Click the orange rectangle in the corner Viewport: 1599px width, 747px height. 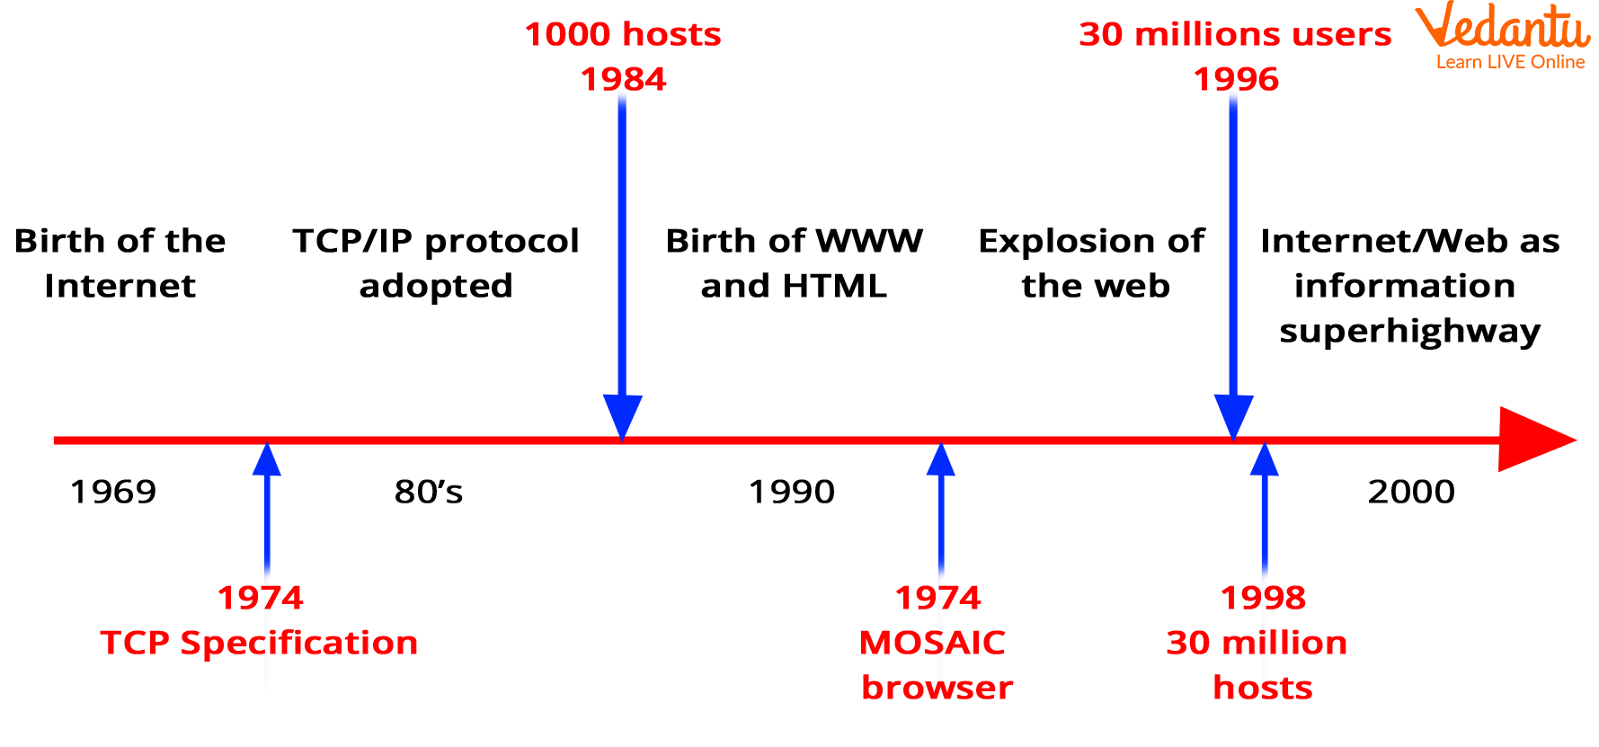click(x=1502, y=34)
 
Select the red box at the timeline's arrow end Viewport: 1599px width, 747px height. click(x=1458, y=439)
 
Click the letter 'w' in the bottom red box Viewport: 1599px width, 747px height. click(x=940, y=689)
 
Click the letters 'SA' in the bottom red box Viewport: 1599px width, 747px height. click(x=939, y=642)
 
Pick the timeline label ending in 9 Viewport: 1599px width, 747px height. click(x=113, y=492)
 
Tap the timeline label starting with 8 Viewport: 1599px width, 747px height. click(x=429, y=492)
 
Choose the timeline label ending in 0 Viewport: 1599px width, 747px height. click(x=792, y=492)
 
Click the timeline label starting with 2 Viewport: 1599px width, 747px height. click(x=1410, y=492)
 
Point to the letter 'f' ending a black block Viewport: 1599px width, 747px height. click(x=1196, y=241)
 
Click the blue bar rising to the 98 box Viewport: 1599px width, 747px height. click(x=622, y=270)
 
